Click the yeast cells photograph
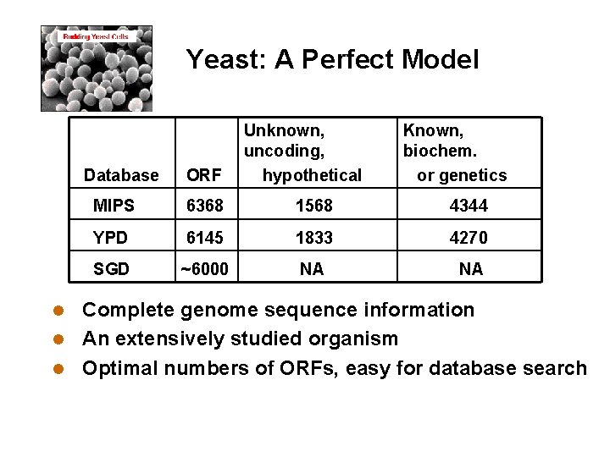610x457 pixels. (x=97, y=69)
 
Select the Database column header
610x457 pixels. (x=121, y=175)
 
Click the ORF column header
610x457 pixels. (x=204, y=175)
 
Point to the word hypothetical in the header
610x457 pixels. (x=312, y=175)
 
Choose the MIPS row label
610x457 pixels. (x=113, y=206)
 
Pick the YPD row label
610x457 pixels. (x=111, y=238)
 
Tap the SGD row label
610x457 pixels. (x=111, y=269)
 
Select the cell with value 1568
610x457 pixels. (x=313, y=206)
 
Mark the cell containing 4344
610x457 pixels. (x=469, y=206)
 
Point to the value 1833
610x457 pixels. (x=313, y=238)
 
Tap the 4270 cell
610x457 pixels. (x=469, y=238)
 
